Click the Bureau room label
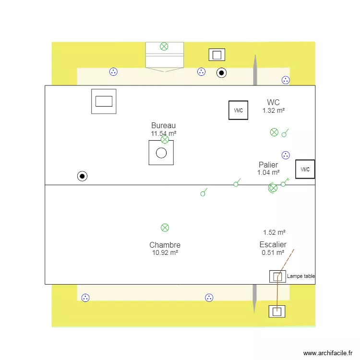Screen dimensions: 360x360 [163, 126]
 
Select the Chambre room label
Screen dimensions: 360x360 [165, 245]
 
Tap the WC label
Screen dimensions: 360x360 [273, 102]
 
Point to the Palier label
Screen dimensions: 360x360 [268, 165]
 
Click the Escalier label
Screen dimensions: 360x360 [273, 244]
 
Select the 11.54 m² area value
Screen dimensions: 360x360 [163, 133]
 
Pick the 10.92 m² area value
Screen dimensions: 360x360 [165, 252]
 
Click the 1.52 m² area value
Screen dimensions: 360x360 [274, 232]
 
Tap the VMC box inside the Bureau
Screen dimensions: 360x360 [239, 110]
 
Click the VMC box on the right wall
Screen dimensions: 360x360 [305, 169]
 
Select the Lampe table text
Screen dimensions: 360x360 [300, 276]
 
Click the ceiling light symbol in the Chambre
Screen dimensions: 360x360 [165, 228]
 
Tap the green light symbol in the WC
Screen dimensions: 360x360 [274, 132]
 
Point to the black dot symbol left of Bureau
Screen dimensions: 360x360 [83, 176]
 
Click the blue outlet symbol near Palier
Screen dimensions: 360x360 [286, 155]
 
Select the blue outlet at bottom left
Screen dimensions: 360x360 [85, 298]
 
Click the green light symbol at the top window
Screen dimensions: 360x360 [164, 47]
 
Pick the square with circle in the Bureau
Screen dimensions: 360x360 [161, 153]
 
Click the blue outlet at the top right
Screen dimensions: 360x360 [286, 80]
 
